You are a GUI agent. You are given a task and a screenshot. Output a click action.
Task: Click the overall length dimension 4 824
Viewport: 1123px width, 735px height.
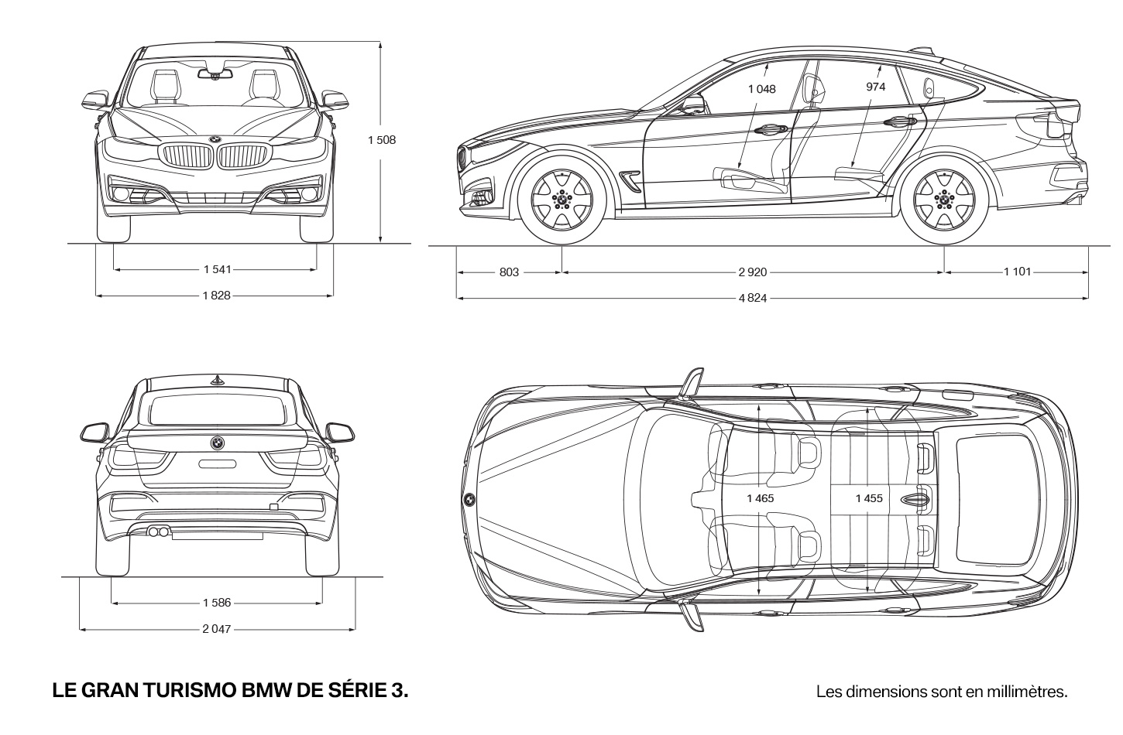(x=753, y=299)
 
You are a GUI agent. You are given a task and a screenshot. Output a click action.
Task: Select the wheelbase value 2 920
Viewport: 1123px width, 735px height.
(x=753, y=272)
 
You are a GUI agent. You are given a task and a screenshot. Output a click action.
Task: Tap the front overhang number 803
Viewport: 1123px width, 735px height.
(x=509, y=272)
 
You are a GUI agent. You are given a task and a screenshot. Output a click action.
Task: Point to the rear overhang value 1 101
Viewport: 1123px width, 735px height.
(x=1017, y=272)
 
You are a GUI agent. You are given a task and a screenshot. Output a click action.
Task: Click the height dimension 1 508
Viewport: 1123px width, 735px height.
(x=382, y=140)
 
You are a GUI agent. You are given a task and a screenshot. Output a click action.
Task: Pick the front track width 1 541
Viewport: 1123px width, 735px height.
(x=218, y=269)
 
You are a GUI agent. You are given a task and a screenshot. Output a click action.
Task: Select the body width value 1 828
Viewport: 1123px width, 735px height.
(x=217, y=296)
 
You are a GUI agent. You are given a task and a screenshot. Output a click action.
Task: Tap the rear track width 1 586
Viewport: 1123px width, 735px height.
(x=217, y=603)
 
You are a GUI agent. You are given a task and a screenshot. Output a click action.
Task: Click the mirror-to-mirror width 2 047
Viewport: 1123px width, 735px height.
(x=217, y=629)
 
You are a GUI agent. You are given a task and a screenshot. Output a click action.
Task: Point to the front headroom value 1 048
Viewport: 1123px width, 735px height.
(x=762, y=89)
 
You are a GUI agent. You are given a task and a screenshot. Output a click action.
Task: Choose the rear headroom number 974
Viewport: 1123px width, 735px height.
(x=876, y=87)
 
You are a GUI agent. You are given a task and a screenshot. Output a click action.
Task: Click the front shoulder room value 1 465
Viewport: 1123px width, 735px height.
(x=761, y=498)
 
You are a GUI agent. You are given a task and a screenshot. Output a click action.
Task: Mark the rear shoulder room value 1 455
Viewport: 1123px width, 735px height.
(x=869, y=498)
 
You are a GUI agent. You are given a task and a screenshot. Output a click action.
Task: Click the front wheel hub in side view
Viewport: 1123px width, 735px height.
(x=561, y=200)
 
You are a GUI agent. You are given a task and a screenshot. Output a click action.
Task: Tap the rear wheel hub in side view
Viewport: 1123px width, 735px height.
(x=944, y=200)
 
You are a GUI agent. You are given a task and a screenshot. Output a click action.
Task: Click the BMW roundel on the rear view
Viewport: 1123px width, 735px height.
(x=217, y=443)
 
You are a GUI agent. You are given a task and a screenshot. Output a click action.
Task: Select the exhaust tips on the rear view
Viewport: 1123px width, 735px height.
(x=158, y=532)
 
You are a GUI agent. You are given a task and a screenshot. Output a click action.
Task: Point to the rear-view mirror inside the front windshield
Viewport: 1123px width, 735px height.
(x=215, y=74)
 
